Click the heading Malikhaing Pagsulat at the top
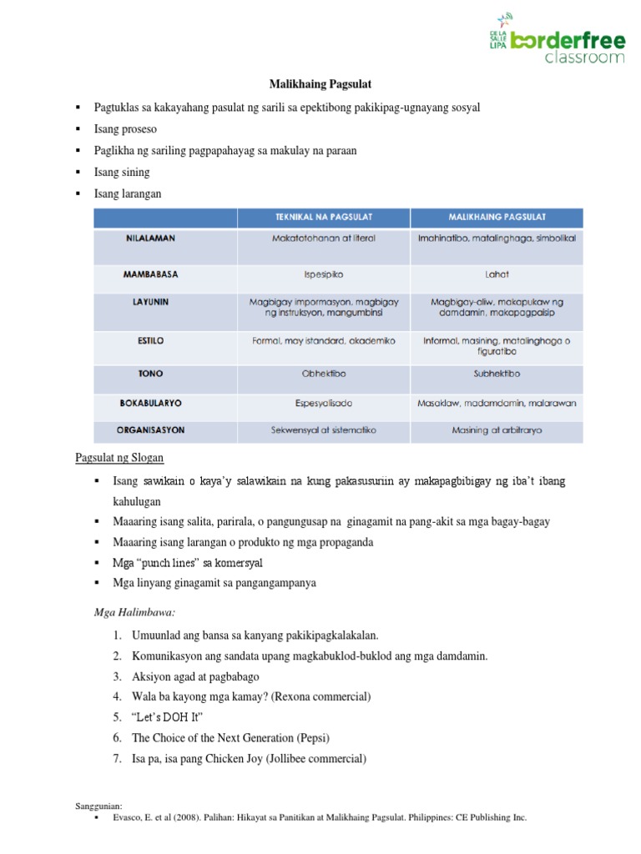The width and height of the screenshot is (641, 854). [x=320, y=84]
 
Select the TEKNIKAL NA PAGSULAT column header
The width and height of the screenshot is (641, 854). [x=323, y=217]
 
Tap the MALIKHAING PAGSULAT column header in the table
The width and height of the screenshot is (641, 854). [x=497, y=217]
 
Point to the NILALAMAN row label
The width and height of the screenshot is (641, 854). [x=150, y=239]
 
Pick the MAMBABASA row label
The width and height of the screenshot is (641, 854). [x=150, y=274]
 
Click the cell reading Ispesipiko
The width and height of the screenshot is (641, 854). [x=323, y=274]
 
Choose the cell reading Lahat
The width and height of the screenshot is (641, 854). [x=497, y=274]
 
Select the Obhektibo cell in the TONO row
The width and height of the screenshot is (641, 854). [x=323, y=374]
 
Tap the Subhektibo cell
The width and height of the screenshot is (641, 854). [x=497, y=374]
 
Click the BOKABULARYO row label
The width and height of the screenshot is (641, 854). [x=150, y=403]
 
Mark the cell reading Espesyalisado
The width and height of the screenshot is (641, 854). [x=323, y=403]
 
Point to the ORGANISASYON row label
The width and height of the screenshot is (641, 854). [x=150, y=430]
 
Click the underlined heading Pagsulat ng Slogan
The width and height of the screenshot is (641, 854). [x=120, y=457]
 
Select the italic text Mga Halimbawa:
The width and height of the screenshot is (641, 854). [x=128, y=613]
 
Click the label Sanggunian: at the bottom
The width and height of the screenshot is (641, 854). [x=98, y=806]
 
